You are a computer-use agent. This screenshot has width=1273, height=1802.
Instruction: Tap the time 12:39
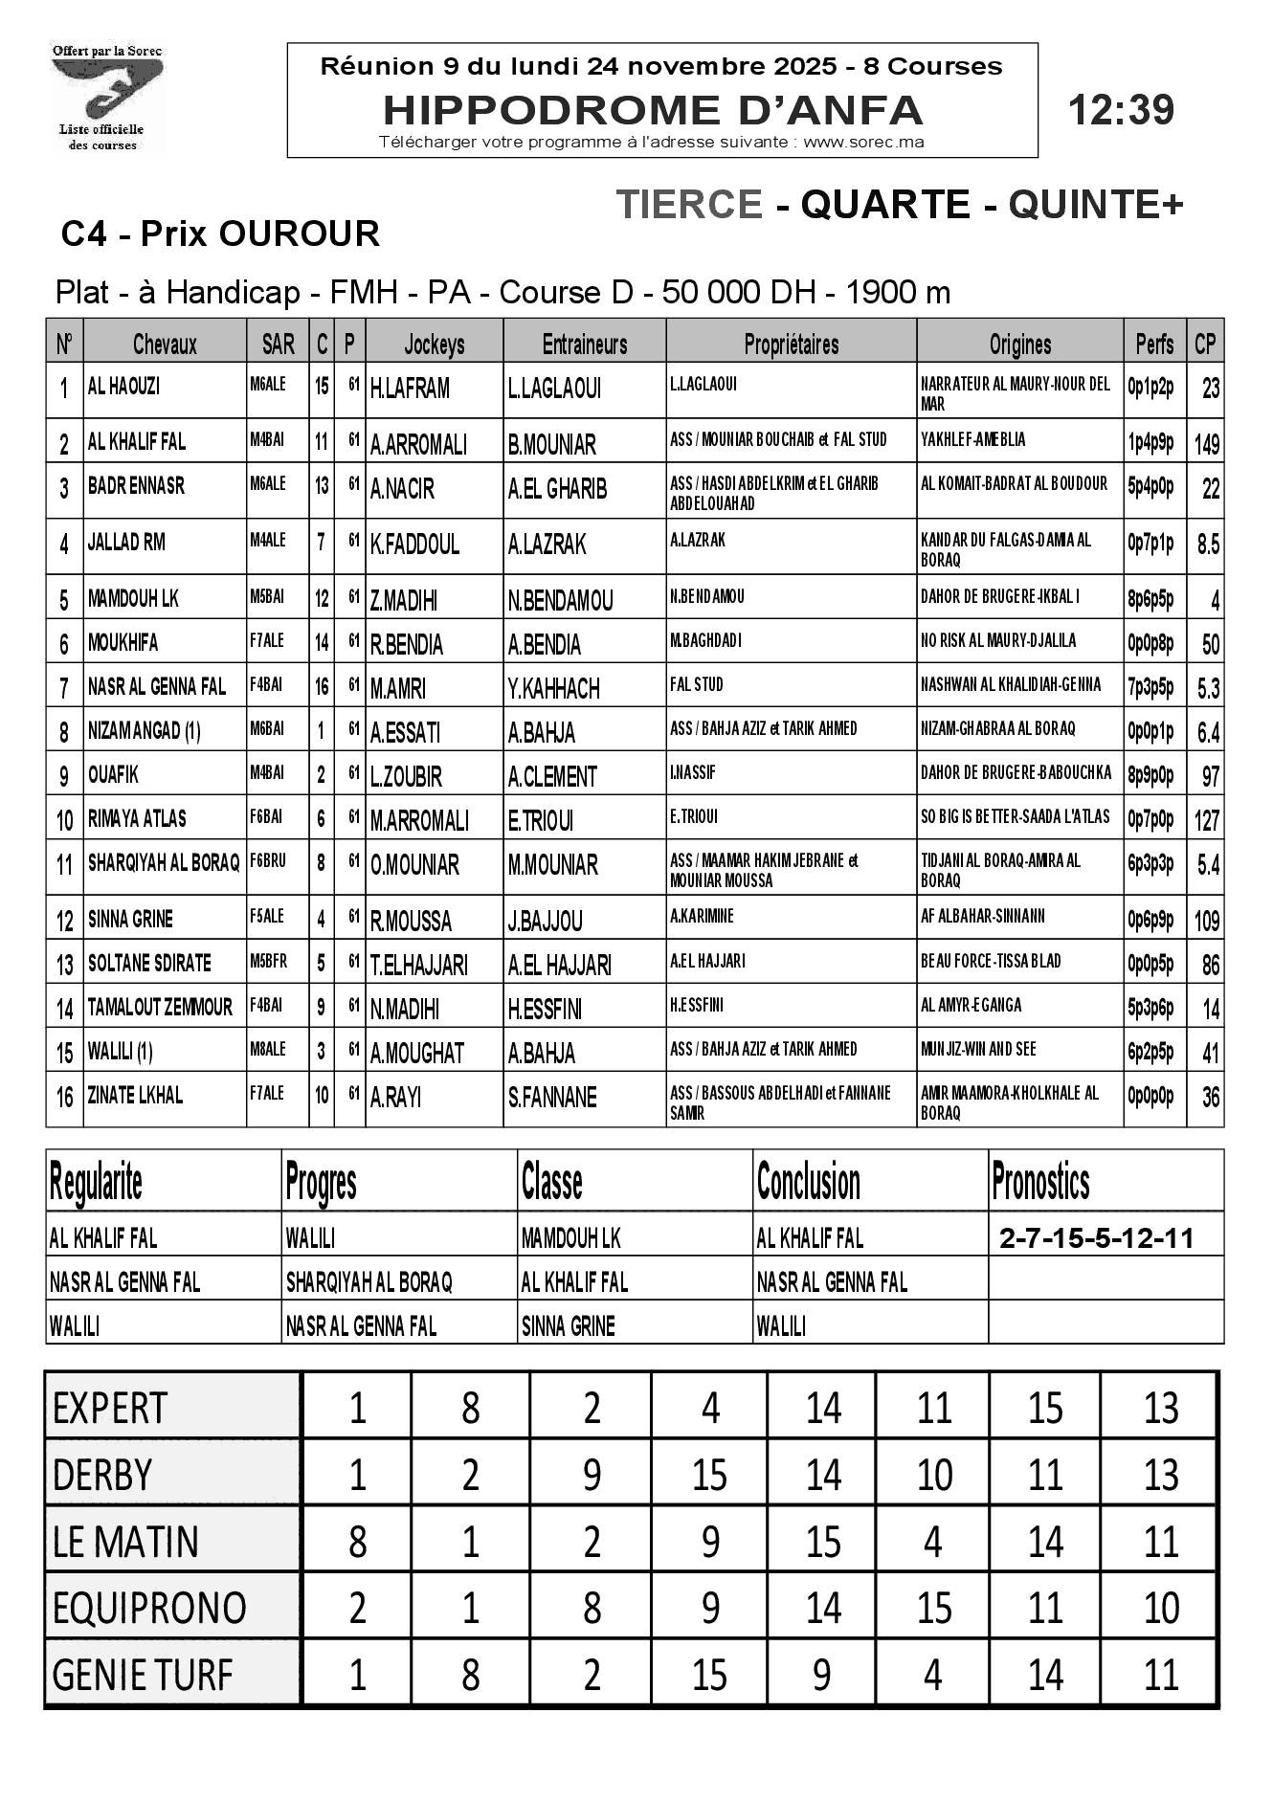(1120, 110)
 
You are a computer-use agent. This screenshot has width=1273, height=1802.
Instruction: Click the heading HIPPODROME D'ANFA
(653, 110)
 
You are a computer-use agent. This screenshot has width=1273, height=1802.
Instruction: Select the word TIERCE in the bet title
(689, 204)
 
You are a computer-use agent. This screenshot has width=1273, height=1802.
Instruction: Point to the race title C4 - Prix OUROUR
(220, 234)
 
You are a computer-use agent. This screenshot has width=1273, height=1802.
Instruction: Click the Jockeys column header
(434, 344)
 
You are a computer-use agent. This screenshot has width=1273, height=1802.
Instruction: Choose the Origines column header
(1019, 344)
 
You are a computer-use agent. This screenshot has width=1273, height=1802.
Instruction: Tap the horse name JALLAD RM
(126, 543)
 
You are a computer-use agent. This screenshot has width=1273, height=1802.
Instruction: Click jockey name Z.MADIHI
(404, 600)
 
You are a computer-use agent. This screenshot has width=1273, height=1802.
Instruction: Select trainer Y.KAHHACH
(553, 688)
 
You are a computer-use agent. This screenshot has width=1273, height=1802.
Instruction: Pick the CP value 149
(1206, 444)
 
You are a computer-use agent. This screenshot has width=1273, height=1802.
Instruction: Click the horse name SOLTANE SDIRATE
(149, 963)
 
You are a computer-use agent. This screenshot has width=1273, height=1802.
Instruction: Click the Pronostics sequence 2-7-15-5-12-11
(1096, 1238)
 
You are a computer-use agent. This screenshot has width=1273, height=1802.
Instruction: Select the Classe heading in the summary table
(552, 1183)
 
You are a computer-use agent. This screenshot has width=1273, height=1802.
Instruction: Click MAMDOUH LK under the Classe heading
(570, 1238)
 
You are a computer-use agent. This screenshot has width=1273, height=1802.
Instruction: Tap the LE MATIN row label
(125, 1542)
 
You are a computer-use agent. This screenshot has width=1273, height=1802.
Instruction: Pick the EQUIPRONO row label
(148, 1608)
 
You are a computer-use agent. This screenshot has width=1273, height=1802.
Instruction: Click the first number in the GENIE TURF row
(357, 1675)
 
